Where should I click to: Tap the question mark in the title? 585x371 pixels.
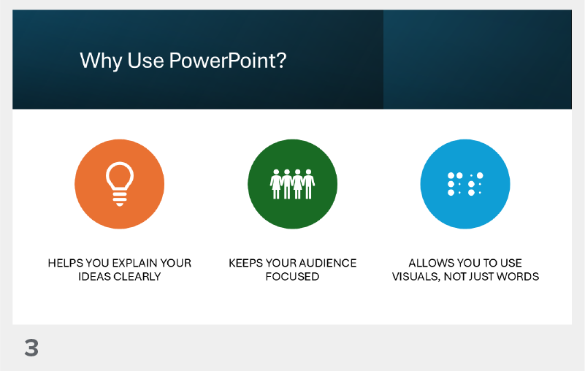click(280, 61)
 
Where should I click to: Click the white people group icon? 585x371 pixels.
click(292, 184)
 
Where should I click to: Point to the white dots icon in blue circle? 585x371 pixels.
click(465, 184)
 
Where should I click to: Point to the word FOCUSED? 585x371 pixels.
click(292, 277)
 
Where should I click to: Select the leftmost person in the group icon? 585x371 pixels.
click(277, 185)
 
